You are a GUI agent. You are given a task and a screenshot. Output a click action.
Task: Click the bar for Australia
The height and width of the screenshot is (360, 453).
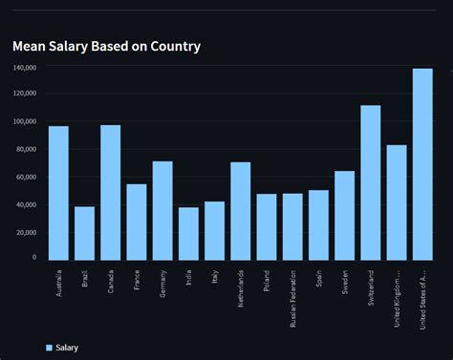point(58,193)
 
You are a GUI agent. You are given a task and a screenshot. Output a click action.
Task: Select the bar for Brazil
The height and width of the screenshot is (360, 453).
point(84,233)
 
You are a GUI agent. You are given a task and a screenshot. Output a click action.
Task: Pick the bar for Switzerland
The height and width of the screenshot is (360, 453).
point(371,182)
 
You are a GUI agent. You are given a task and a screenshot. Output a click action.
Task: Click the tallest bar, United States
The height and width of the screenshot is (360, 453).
point(422,164)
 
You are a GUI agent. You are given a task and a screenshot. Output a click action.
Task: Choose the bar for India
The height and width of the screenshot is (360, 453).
point(188,233)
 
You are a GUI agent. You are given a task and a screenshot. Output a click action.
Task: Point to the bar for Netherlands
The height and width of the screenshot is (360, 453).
point(241,211)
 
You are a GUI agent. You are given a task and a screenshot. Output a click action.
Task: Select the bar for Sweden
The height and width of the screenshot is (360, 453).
point(344,215)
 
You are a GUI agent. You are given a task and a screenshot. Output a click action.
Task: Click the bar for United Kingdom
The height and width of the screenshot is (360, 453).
point(397,202)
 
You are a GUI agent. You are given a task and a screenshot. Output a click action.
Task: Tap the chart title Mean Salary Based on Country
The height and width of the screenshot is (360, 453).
point(106,46)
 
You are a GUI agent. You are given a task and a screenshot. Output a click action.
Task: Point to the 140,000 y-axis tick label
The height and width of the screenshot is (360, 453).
point(25,68)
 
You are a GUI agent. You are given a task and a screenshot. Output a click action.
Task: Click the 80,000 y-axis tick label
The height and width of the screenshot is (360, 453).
point(25,149)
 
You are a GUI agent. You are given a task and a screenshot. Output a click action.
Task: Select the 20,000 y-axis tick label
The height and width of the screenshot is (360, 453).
point(25,231)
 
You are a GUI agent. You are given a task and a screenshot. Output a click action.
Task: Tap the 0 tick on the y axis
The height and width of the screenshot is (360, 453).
point(33,258)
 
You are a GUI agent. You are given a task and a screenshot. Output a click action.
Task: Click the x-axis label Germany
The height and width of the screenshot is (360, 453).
point(163,284)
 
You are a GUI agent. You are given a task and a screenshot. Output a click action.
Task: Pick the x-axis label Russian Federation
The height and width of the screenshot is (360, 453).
point(293,297)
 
